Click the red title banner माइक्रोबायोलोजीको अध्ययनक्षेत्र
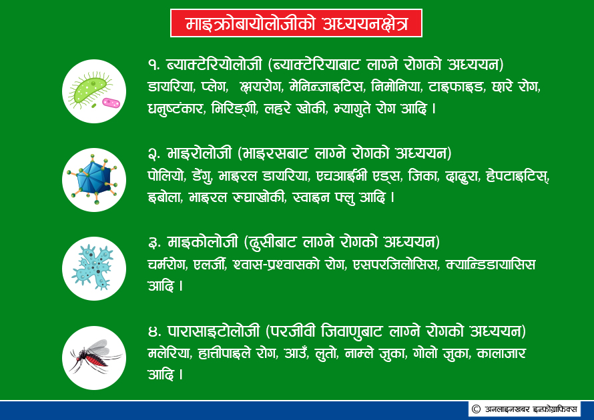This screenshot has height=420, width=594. tap(296, 23)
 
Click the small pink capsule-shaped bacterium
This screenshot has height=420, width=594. tap(111, 103)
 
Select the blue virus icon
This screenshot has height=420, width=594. tap(93, 180)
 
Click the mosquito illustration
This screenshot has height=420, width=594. tap(95, 356)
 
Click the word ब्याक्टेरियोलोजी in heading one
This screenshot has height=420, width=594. tap(214, 64)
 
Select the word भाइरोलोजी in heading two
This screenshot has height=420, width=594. tap(200, 153)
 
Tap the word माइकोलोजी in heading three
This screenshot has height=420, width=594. tap(203, 242)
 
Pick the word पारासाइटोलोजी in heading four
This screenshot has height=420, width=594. tap(214, 331)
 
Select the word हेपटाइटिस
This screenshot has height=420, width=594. tap(517, 175)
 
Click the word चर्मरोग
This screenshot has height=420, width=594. tap(168, 264)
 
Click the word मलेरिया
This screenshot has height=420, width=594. tap(169, 353)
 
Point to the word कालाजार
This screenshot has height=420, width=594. tap(501, 353)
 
